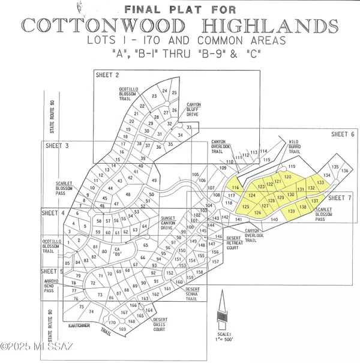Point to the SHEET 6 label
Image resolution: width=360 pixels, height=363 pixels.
(343, 134)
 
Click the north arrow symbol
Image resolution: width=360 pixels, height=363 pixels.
(223, 307)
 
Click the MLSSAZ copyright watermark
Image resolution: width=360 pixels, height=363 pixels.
(30, 347)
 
